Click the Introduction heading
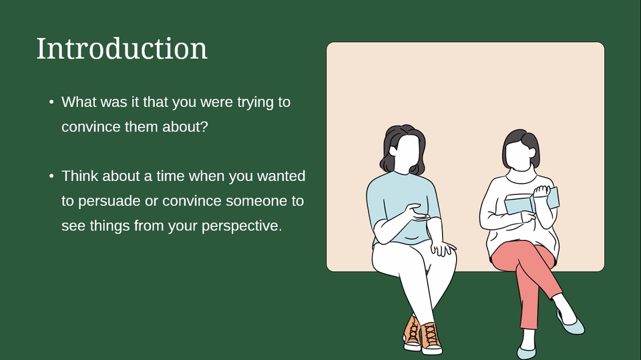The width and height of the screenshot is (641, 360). click(x=122, y=49)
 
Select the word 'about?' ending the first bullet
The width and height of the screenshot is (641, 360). click(x=185, y=127)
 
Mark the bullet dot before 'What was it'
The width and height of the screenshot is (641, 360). click(x=51, y=102)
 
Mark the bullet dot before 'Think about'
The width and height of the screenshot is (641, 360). click(x=51, y=176)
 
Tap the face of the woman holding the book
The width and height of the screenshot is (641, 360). click(x=518, y=155)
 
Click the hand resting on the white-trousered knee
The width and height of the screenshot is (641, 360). click(x=443, y=248)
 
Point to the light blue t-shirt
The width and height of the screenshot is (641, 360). click(x=403, y=206)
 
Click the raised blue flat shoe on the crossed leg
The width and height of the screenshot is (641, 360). click(x=571, y=323)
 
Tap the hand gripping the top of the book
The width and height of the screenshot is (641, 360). click(x=542, y=191)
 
